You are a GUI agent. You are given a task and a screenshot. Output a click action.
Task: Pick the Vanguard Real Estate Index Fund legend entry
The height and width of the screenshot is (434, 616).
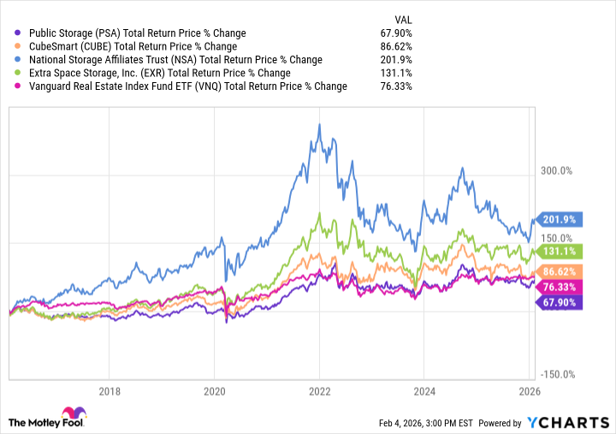point(183,86)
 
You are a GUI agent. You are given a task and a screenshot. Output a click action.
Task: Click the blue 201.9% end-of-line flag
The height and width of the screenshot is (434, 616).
point(557,219)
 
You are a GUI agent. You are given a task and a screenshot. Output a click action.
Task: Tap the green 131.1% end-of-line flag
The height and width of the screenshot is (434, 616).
point(557,251)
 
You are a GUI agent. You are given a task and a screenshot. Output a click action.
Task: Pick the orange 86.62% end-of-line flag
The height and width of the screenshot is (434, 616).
point(557,271)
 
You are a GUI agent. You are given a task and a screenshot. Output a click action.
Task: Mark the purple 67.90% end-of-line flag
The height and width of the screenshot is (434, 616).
point(557,301)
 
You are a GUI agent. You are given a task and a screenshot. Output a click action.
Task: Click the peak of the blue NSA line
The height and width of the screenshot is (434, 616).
point(319,124)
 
